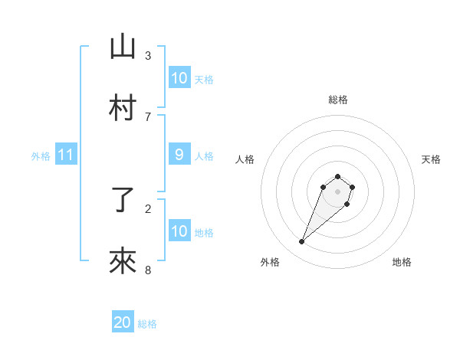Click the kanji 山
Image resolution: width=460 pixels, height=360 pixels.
click(x=123, y=47)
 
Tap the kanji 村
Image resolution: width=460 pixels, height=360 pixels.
click(x=123, y=109)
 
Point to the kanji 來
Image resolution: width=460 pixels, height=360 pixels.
click(x=123, y=263)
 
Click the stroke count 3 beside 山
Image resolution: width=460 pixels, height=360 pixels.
click(x=148, y=55)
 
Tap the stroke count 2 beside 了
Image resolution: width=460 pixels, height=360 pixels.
click(x=148, y=208)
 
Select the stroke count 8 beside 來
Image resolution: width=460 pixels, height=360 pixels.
click(x=148, y=270)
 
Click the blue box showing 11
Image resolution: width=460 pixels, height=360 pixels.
click(x=66, y=155)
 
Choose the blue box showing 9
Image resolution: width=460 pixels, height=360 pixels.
click(x=179, y=155)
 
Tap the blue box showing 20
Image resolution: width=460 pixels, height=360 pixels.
click(x=123, y=322)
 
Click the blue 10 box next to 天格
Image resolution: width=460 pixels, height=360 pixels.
click(x=179, y=78)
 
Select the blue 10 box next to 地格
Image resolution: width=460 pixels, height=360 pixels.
click(x=179, y=231)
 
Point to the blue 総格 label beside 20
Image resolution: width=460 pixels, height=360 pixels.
click(x=147, y=324)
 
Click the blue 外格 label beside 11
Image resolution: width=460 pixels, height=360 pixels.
click(x=41, y=156)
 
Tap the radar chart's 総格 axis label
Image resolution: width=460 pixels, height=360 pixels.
click(x=337, y=100)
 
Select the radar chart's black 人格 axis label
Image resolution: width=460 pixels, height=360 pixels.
click(x=245, y=159)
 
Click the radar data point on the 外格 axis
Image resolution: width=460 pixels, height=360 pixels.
click(x=301, y=242)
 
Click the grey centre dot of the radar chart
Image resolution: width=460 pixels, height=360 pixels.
click(x=337, y=191)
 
